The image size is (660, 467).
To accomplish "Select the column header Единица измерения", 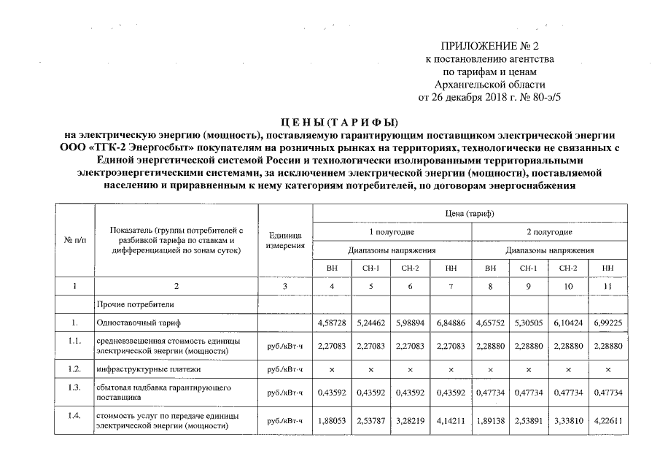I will (284, 240).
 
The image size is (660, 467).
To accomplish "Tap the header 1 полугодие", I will (391, 231).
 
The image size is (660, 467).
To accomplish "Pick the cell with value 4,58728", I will (332, 321).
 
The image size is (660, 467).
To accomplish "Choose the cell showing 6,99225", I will (607, 321).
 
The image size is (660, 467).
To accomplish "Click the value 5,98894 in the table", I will (411, 321).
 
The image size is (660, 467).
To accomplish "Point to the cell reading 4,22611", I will (607, 420).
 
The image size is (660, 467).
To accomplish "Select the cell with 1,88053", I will (332, 420).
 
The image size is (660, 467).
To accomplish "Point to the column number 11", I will (607, 285).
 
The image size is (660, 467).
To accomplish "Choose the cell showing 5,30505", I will (529, 321).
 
